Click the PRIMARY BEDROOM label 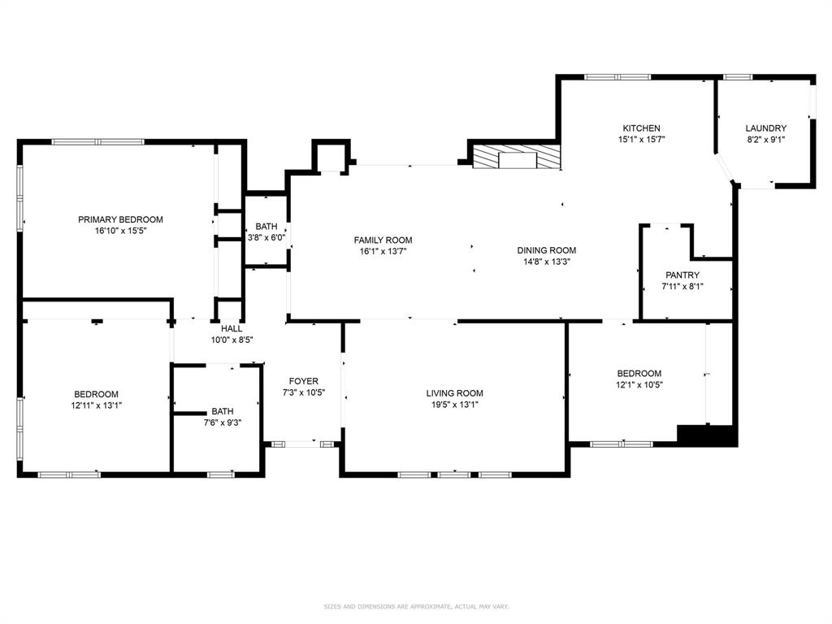pyautogui.click(x=120, y=219)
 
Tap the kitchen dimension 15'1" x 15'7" pyautogui.click(x=642, y=140)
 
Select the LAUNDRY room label pyautogui.click(x=765, y=128)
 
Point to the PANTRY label pyautogui.click(x=682, y=275)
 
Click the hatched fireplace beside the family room pyautogui.click(x=517, y=157)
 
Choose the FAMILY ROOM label pyautogui.click(x=383, y=240)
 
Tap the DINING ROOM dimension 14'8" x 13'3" pyautogui.click(x=547, y=262)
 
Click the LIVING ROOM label pyautogui.click(x=455, y=393)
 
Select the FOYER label pyautogui.click(x=304, y=381)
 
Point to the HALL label pyautogui.click(x=232, y=329)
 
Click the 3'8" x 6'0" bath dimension pyautogui.click(x=266, y=238)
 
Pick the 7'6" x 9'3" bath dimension pyautogui.click(x=223, y=422)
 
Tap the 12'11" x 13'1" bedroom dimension pyautogui.click(x=96, y=405)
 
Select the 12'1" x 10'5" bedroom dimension pyautogui.click(x=639, y=385)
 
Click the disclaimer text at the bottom pyautogui.click(x=416, y=606)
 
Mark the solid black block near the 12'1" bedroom pyautogui.click(x=708, y=435)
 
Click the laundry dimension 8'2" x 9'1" pyautogui.click(x=765, y=140)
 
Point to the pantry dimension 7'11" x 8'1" pyautogui.click(x=682, y=287)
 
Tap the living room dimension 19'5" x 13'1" pyautogui.click(x=455, y=405)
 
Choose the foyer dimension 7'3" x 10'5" pyautogui.click(x=304, y=392)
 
